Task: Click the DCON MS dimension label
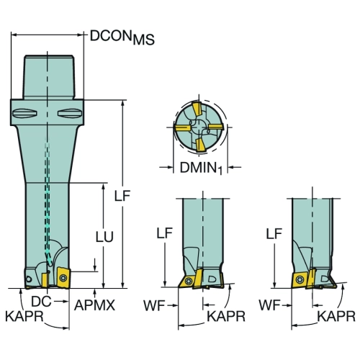(122, 37)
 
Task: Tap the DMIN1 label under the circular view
(201, 168)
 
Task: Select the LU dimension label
(104, 237)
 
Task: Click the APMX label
(94, 305)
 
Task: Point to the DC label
(41, 301)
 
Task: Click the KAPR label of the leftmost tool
(24, 316)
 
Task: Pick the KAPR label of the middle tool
(226, 316)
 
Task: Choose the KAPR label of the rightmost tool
(336, 316)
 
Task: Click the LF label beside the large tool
(122, 196)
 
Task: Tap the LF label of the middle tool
(165, 233)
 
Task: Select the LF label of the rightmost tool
(274, 233)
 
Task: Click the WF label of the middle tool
(154, 305)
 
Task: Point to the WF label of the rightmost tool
(269, 305)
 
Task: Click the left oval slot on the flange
(24, 113)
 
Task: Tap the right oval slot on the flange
(70, 113)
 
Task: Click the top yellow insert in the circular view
(197, 109)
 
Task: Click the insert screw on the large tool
(63, 278)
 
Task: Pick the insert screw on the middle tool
(189, 281)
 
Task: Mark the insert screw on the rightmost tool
(300, 279)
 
